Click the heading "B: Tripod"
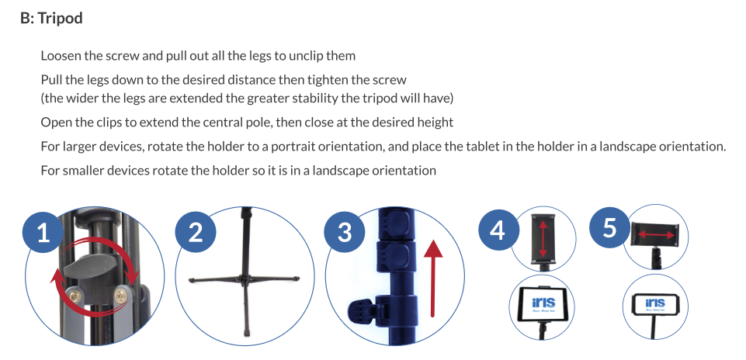pos(51,18)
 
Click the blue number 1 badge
pos(43,233)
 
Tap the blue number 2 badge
pos(196,233)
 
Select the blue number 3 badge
pos(345,233)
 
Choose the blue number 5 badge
pos(609,227)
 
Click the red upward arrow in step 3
pos(432,278)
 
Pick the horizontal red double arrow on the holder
pos(656,234)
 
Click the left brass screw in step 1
pos(75,296)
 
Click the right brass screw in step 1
pos(121,296)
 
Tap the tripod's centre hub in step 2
pos(245,279)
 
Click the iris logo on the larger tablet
pos(543,302)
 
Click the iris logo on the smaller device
pos(655,303)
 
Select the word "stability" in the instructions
pos(314,99)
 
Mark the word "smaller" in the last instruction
pos(83,170)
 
